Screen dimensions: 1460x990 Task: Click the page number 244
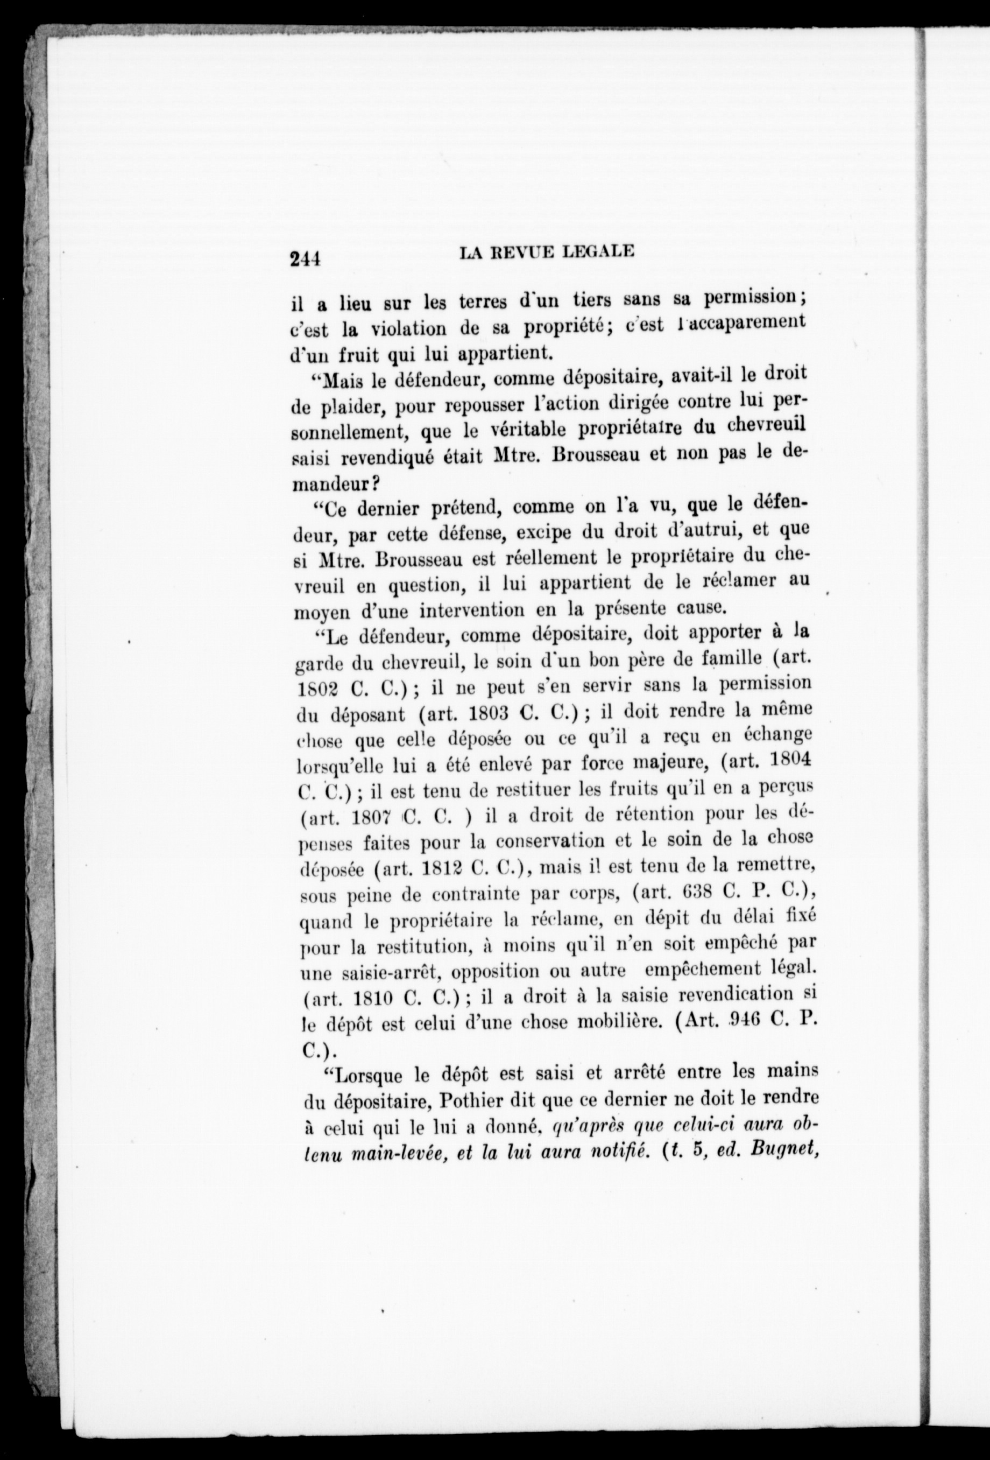pos(306,258)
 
